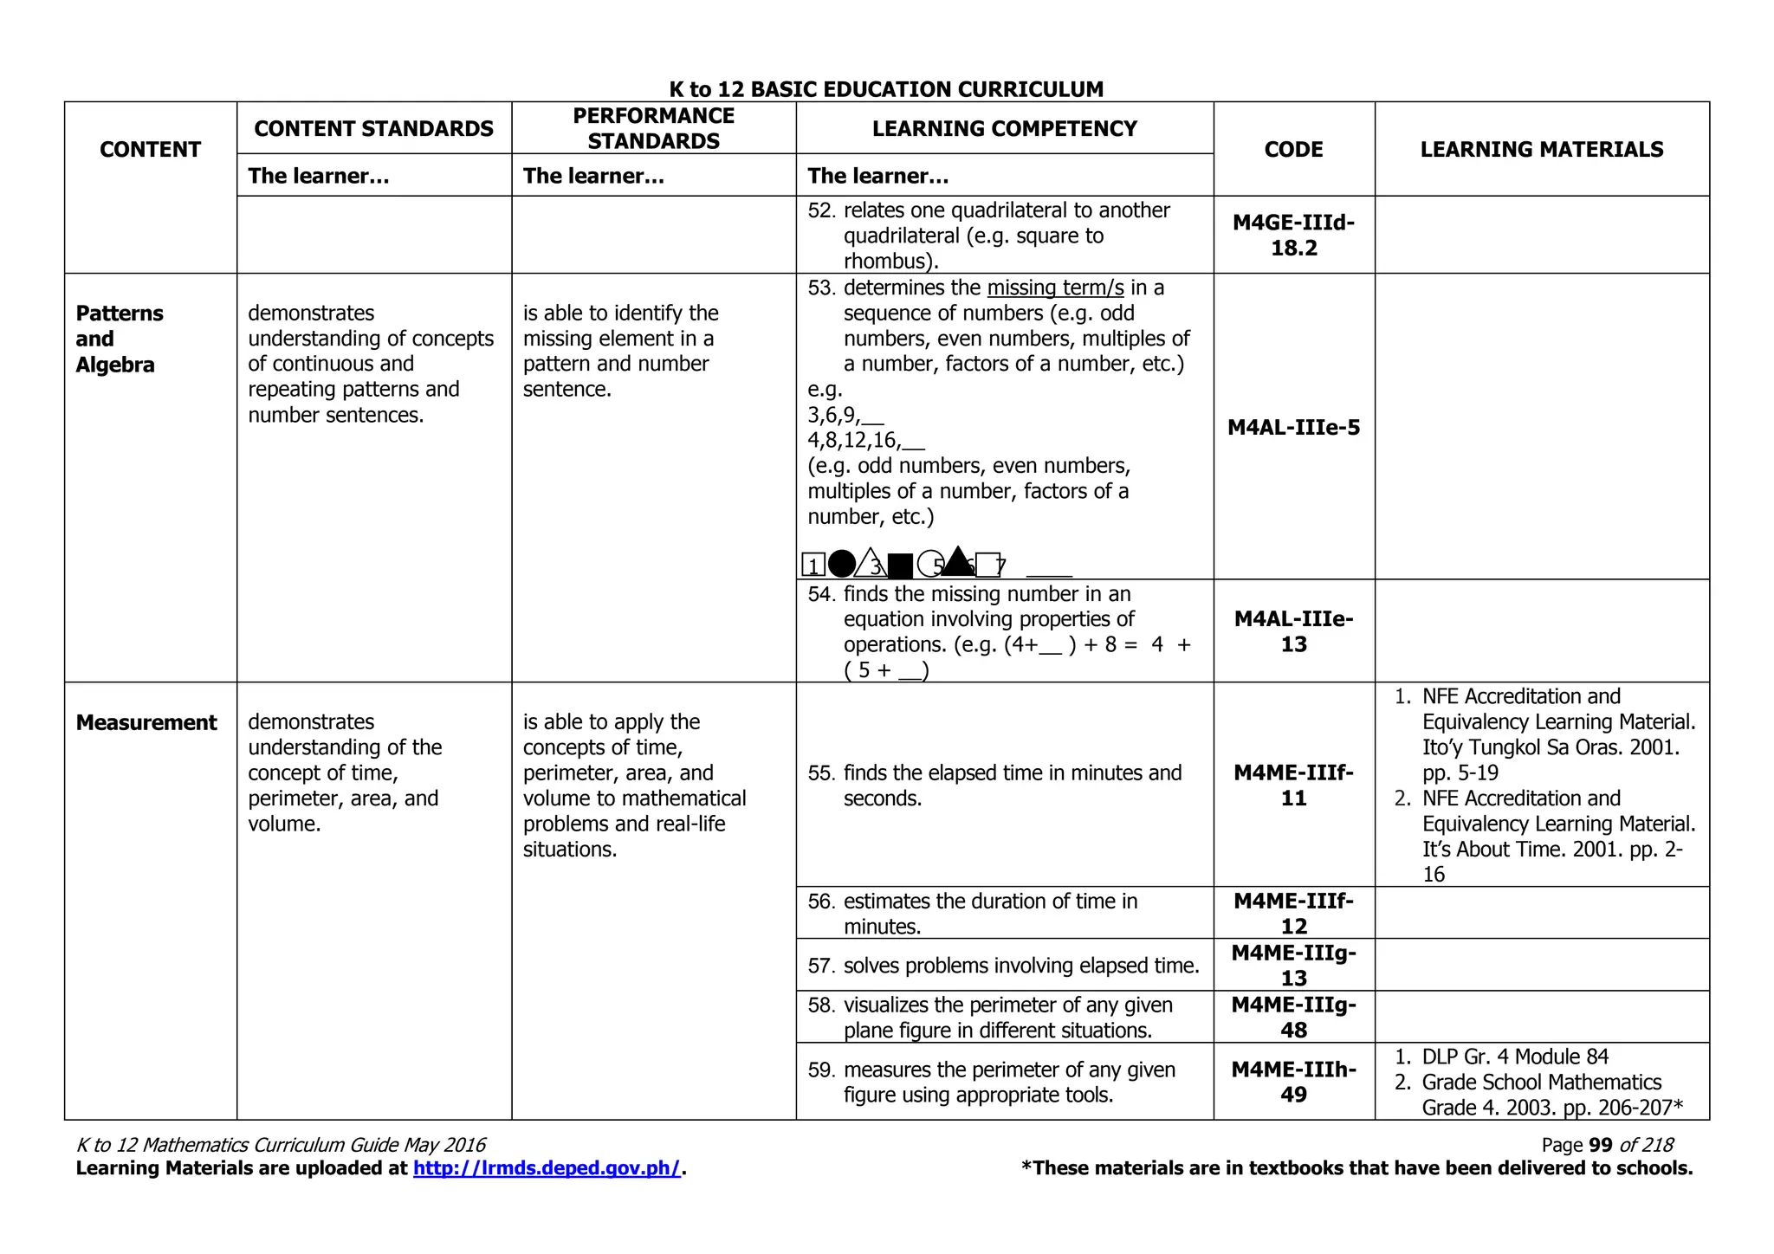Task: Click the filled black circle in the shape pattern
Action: (x=841, y=564)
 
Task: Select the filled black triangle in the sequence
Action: (x=957, y=562)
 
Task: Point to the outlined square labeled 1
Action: (x=813, y=566)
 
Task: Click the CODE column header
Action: (x=1293, y=149)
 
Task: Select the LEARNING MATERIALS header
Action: (x=1541, y=149)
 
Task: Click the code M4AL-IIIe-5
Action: (x=1293, y=427)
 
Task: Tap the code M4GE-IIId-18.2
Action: (x=1293, y=235)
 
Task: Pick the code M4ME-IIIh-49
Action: (x=1293, y=1082)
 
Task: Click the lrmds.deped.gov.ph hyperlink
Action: (x=547, y=1168)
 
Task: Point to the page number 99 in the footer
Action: (x=1601, y=1145)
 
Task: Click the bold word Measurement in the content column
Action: (x=146, y=722)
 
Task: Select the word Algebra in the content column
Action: (x=115, y=365)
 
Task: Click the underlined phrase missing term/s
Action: (x=1055, y=288)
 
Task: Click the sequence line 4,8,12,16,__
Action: (x=865, y=440)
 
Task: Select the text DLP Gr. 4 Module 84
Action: (x=1514, y=1057)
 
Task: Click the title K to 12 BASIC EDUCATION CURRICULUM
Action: (x=886, y=89)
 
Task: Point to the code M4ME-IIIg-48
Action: (x=1293, y=1017)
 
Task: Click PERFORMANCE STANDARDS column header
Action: (x=653, y=128)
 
